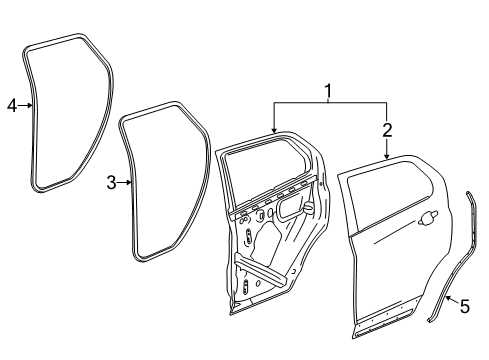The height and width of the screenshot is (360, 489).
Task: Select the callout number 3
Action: pyautogui.click(x=111, y=182)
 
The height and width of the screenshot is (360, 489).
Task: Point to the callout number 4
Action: pyautogui.click(x=12, y=104)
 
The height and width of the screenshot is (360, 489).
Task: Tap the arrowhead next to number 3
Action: pyautogui.click(x=127, y=182)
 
